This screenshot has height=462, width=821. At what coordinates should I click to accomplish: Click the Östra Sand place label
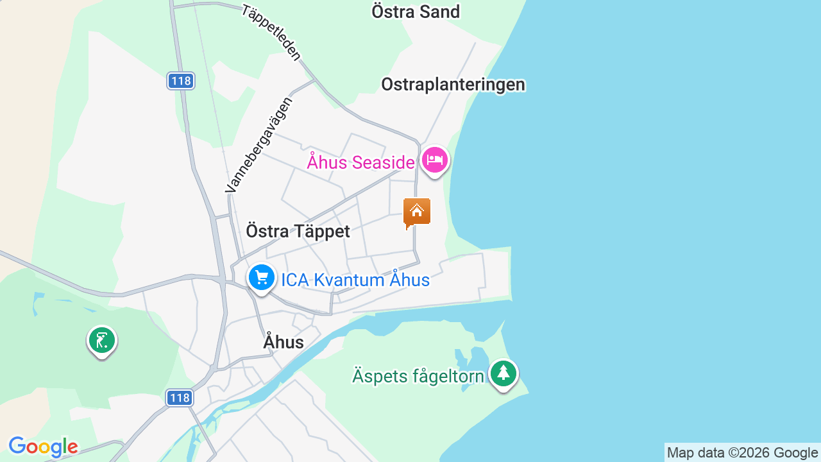[416, 12]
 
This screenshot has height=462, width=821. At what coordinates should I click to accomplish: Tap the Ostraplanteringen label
[453, 85]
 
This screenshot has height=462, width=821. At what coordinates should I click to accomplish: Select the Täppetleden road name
[271, 33]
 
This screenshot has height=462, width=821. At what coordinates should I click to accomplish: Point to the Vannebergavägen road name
[259, 144]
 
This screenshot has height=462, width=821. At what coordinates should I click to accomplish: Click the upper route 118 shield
[181, 81]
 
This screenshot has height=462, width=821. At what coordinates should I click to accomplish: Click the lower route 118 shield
[180, 398]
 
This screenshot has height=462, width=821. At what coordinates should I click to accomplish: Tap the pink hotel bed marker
[435, 160]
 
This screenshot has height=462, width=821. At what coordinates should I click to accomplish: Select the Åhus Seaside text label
[360, 162]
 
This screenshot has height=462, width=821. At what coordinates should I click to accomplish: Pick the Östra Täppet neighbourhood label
[298, 232]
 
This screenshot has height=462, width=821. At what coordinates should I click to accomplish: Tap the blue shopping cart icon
[262, 278]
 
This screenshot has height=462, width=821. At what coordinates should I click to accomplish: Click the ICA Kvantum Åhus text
[355, 280]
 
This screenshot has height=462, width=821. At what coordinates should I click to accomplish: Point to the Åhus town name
[284, 343]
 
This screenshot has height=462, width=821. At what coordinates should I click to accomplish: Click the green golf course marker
[101, 340]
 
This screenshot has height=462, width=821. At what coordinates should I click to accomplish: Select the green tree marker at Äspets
[504, 373]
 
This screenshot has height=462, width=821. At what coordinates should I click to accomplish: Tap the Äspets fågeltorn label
[418, 376]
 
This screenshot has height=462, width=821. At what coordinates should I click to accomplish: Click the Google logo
[43, 447]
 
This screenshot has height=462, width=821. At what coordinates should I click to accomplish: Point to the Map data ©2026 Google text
[742, 453]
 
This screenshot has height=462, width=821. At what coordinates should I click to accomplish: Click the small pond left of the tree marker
[478, 357]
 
